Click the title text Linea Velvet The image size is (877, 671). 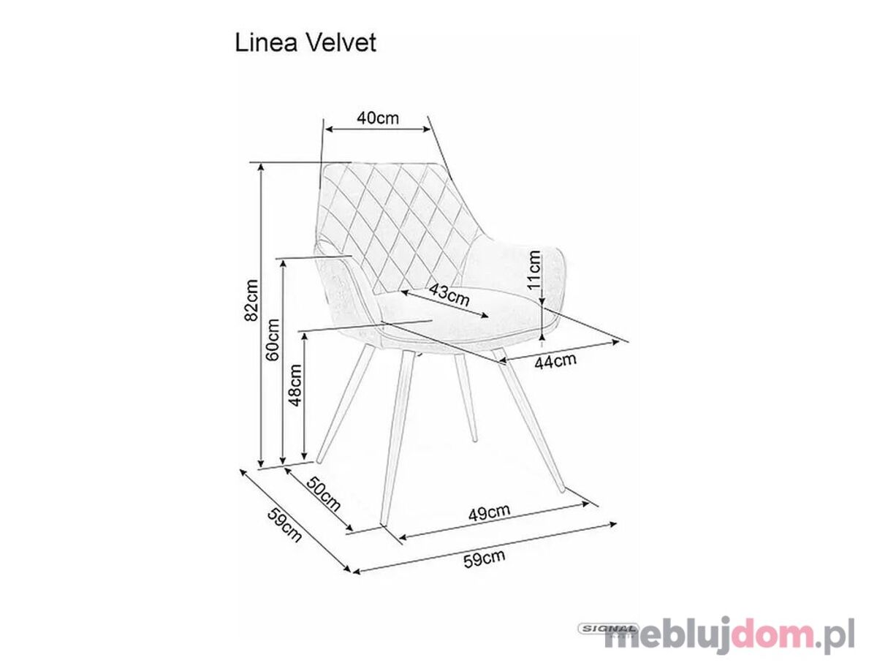pos(305,43)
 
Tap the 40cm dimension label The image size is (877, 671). pos(378,118)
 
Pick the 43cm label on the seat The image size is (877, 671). pos(449,295)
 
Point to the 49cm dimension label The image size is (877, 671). pos(489,512)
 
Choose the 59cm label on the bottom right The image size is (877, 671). pos(485,558)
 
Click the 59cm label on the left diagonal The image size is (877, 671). pos(284,525)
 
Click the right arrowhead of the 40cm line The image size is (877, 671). pos(427,129)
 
